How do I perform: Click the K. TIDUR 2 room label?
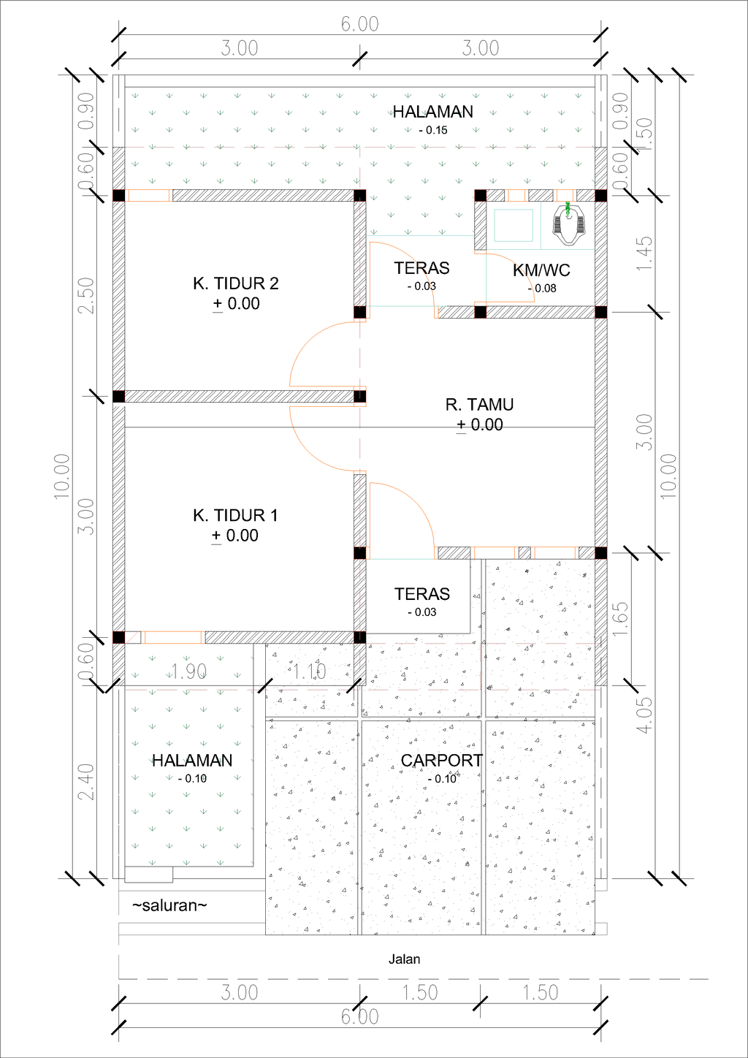pos(235,283)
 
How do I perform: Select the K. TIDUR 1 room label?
pos(235,516)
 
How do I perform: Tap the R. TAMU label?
pos(479,405)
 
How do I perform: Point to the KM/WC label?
pos(541,270)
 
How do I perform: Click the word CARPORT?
pos(441,761)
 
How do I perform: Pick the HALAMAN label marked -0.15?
pos(433,112)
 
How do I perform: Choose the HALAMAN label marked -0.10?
pos(192,761)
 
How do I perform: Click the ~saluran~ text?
pos(169,906)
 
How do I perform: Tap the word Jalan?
pos(404,959)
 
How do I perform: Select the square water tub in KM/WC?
pos(514,225)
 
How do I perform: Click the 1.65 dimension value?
pos(621,618)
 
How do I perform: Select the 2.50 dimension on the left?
pos(86,295)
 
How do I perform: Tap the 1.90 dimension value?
pos(188,671)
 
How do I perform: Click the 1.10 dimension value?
pos(309,671)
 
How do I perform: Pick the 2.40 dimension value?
pos(86,781)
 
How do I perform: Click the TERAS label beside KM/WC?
pos(421,268)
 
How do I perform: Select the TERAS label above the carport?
pos(421,594)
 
